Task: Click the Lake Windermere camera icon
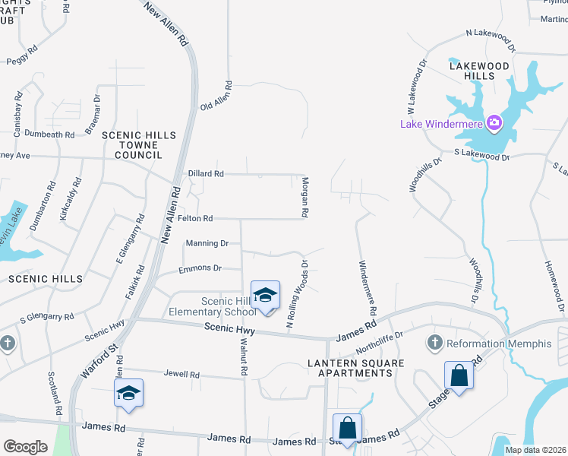pos(494,122)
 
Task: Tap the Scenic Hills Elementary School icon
pos(265,295)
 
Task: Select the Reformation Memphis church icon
pos(435,344)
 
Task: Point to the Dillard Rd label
pos(206,174)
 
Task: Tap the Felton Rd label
pos(195,219)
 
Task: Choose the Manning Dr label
pos(207,243)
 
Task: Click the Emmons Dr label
pos(200,268)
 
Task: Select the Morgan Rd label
pos(305,198)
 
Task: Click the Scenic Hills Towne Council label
pos(139,144)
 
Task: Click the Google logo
pos(25,447)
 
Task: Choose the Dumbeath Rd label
pos(49,135)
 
